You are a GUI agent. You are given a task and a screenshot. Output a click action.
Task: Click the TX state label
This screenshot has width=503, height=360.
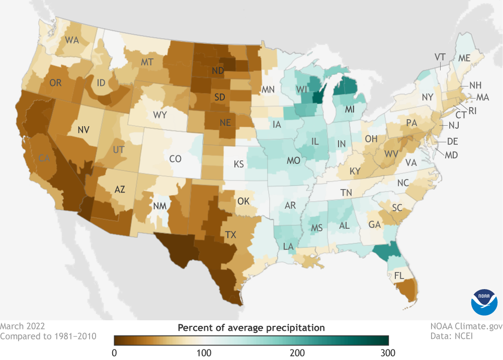[x=231, y=234]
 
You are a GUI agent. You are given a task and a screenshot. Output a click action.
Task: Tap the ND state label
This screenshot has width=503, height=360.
[x=218, y=71]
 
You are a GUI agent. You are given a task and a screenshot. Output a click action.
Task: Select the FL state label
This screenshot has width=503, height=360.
[x=399, y=276]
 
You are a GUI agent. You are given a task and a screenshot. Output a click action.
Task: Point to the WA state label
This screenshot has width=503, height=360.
[x=71, y=40]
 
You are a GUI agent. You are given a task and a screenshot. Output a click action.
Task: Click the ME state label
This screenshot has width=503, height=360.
[x=463, y=58]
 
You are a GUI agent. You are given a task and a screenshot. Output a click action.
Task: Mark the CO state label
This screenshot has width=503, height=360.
[x=175, y=159]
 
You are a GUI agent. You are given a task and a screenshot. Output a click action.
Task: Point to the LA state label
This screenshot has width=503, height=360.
[x=289, y=246]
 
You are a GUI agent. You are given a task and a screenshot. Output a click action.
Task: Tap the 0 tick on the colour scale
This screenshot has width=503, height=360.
[x=115, y=352]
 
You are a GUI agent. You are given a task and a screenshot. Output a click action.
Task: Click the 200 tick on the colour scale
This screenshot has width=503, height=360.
[x=297, y=352]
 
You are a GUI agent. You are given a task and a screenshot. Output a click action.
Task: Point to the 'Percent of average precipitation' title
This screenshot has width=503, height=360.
[x=251, y=328]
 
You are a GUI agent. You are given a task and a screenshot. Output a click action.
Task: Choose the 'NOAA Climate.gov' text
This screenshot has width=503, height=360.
[x=466, y=327]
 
